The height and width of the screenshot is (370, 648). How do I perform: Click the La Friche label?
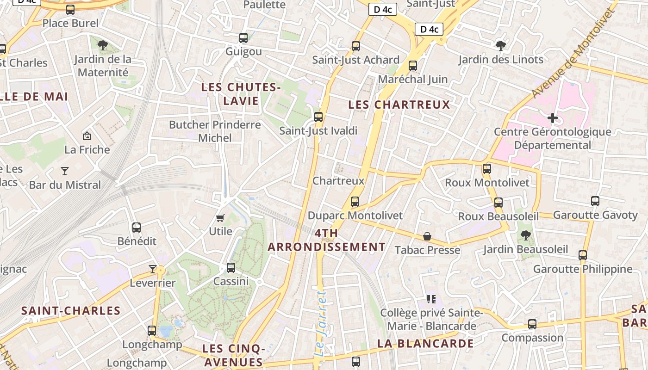[x=87, y=149]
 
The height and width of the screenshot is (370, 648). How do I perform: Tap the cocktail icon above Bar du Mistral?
[x=65, y=171]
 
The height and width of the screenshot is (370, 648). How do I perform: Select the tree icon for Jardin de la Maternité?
[x=103, y=45]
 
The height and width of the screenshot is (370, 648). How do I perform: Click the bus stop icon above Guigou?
[x=243, y=38]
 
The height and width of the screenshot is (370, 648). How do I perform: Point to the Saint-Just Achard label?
[x=355, y=60]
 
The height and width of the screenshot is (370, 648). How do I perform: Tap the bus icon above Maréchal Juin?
[x=413, y=66]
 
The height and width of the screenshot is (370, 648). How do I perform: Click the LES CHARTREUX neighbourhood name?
[x=399, y=105]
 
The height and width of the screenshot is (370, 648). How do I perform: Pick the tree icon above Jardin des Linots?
[x=500, y=45]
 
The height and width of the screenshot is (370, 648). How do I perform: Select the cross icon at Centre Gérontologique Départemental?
[x=553, y=118]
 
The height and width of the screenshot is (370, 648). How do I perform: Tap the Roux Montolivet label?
[x=487, y=183]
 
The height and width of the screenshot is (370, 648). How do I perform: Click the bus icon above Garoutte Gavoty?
[x=595, y=201]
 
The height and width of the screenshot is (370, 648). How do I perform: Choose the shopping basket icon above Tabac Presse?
[x=427, y=237]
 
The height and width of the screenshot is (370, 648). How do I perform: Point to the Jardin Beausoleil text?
[x=525, y=249]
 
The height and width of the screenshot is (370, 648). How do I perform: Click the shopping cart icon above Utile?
[x=220, y=217]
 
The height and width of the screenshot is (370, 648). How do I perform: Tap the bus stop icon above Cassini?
[x=231, y=268]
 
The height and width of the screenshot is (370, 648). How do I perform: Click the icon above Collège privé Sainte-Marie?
[x=431, y=299]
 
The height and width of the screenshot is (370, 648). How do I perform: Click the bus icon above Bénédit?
[x=137, y=228]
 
